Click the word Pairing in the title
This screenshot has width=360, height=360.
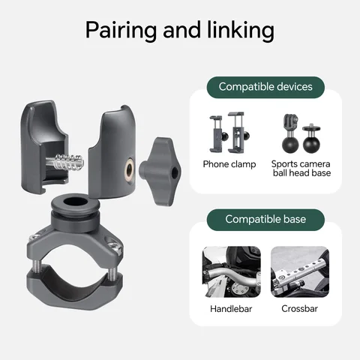[x=121, y=31]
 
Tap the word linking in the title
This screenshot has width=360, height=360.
[x=241, y=31]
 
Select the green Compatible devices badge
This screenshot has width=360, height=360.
[x=265, y=87]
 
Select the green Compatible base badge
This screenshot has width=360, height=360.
[x=265, y=220]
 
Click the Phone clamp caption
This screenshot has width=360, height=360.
[x=229, y=164]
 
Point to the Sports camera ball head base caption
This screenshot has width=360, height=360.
[x=301, y=169]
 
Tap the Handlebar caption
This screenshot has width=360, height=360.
[x=231, y=309]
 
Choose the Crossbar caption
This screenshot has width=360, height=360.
[x=299, y=309]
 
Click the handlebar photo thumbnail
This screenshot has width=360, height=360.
[x=231, y=271]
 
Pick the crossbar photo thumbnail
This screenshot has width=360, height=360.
[x=300, y=271]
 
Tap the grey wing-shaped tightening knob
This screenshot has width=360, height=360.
[x=160, y=172]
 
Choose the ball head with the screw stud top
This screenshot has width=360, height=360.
[x=311, y=139]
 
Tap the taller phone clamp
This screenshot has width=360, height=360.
[x=238, y=133]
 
